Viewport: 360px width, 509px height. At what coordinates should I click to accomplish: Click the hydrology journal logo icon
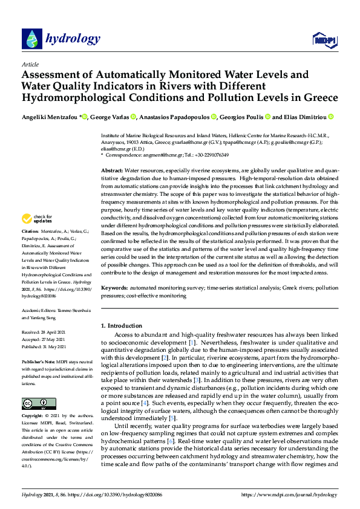32,39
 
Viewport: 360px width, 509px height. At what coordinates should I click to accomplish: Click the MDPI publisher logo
326,40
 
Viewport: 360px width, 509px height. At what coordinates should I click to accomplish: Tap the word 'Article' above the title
30,64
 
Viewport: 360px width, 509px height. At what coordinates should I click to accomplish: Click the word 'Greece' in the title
319,97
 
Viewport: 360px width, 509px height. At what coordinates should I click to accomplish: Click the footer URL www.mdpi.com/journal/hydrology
289,494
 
